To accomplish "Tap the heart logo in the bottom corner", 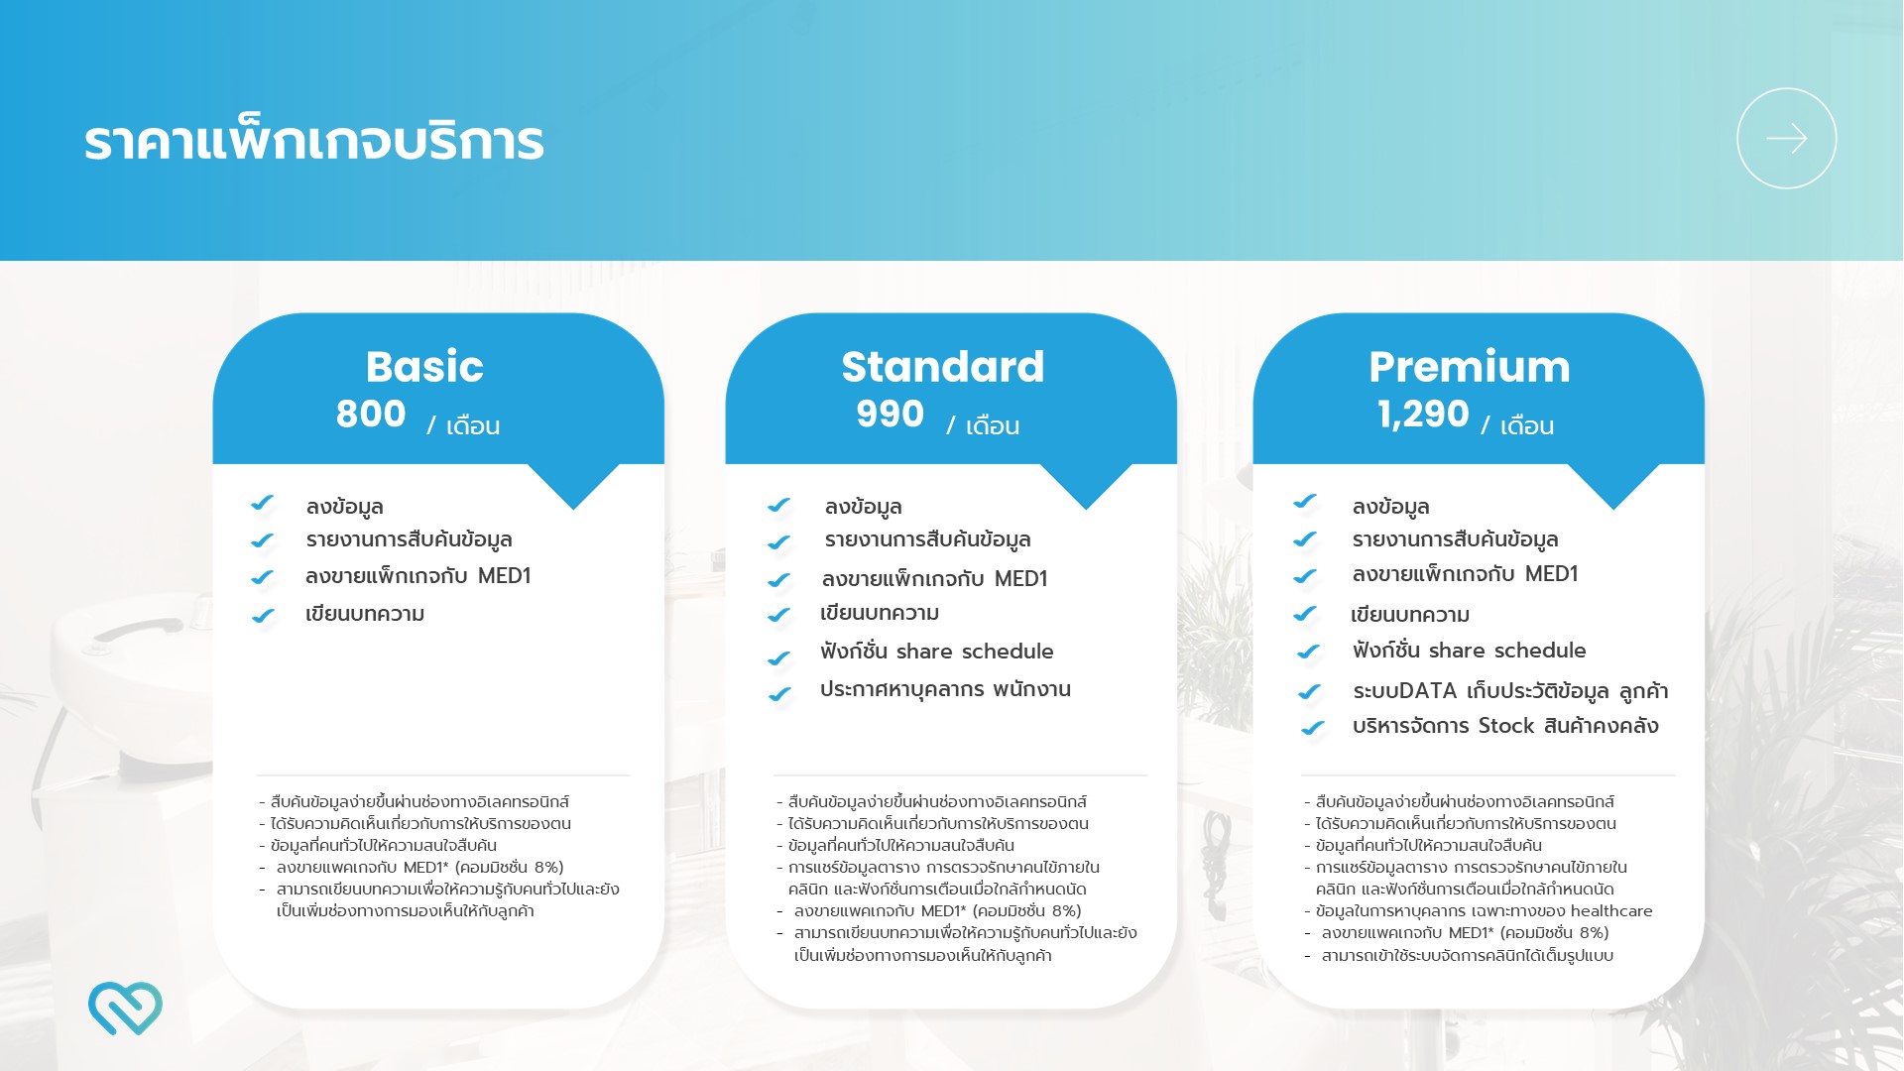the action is [x=125, y=1008].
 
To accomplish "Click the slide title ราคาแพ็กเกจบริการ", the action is [x=313, y=141].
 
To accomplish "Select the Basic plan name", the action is [x=424, y=367].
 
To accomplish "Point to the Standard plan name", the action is [x=943, y=367].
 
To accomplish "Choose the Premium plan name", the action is [x=1470, y=367].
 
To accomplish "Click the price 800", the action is [x=371, y=414].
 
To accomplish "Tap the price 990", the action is [x=891, y=414].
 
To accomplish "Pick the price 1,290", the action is [x=1423, y=414].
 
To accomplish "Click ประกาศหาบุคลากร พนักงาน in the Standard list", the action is [x=945, y=689].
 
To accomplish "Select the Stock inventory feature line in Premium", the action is [x=1505, y=726].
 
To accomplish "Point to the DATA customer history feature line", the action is [x=1510, y=690].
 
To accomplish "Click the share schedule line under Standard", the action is [x=936, y=652].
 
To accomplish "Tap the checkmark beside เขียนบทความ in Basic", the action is [x=263, y=616].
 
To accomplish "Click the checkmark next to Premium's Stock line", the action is [x=1313, y=729].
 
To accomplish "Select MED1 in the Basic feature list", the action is [x=505, y=576].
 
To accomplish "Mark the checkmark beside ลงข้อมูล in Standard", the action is [x=779, y=506].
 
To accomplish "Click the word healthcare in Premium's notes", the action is [x=1611, y=910].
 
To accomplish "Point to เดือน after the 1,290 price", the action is [x=1527, y=425].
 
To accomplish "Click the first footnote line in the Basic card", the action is [x=414, y=801].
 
